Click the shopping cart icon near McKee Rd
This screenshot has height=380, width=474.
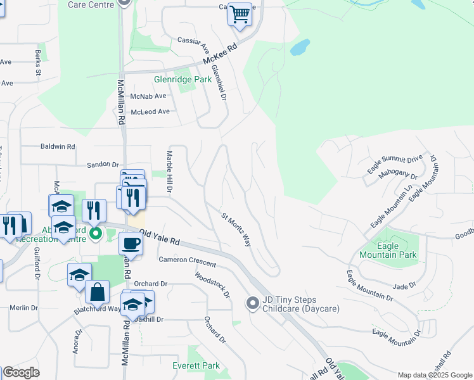[240, 14]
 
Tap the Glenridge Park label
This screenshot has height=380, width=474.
[183, 80]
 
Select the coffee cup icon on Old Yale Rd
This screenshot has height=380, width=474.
[131, 243]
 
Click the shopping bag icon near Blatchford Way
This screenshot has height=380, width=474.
[97, 293]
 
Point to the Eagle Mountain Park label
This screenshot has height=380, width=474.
[388, 250]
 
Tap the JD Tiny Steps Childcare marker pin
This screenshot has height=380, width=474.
[253, 304]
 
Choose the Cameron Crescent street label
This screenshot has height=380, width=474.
[187, 261]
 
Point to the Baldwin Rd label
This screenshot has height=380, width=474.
[58, 146]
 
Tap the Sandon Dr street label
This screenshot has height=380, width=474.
[103, 164]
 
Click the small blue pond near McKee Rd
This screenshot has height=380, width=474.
[300, 47]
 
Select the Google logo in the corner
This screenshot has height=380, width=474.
[21, 373]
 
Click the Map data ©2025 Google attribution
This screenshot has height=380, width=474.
[434, 375]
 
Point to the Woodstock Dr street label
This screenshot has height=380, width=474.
[212, 286]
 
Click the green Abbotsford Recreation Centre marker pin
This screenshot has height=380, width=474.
[96, 234]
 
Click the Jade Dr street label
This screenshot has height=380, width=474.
[404, 286]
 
